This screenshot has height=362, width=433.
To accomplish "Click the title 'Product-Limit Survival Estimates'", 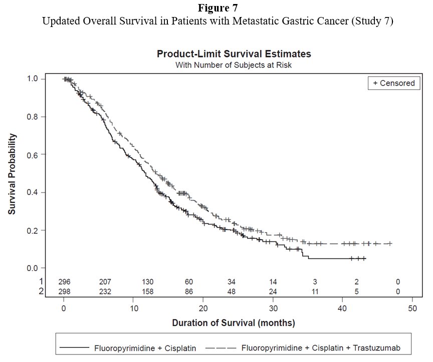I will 234,54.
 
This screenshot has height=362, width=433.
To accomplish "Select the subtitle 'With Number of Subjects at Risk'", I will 234,64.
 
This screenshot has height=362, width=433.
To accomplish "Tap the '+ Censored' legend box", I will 394,83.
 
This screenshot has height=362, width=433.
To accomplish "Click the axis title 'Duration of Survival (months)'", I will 234,323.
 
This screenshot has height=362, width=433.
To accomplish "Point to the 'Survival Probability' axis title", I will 12,173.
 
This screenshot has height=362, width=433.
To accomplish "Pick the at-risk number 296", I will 64,282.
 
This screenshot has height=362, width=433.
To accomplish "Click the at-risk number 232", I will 105,291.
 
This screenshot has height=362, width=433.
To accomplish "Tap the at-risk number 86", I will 189,291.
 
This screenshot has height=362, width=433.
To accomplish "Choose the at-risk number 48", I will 231,291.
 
